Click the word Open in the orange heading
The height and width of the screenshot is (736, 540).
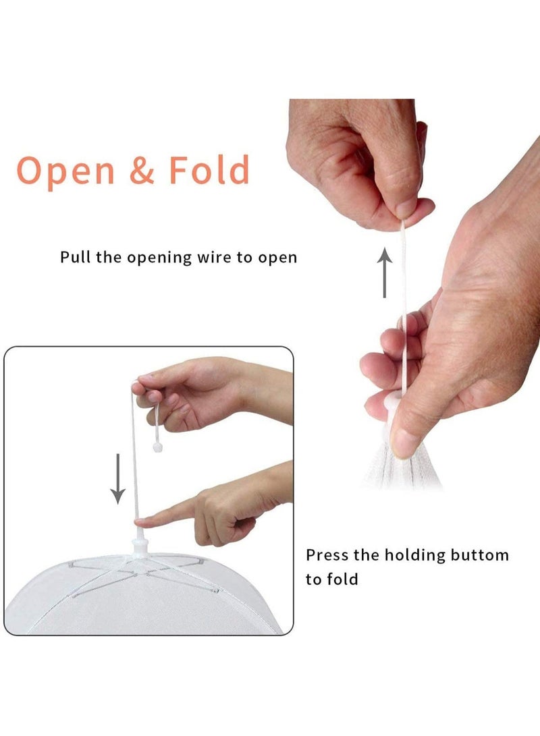tap(65, 171)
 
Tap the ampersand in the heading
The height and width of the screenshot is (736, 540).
tap(141, 170)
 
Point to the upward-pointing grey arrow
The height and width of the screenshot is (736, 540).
tap(385, 273)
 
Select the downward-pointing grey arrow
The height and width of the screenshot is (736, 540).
tap(117, 478)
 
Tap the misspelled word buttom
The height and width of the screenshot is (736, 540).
tap(479, 555)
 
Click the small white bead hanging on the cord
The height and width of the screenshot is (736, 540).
tap(157, 447)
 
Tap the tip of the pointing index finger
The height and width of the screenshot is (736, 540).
tap(136, 522)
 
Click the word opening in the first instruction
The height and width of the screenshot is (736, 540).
tap(160, 258)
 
